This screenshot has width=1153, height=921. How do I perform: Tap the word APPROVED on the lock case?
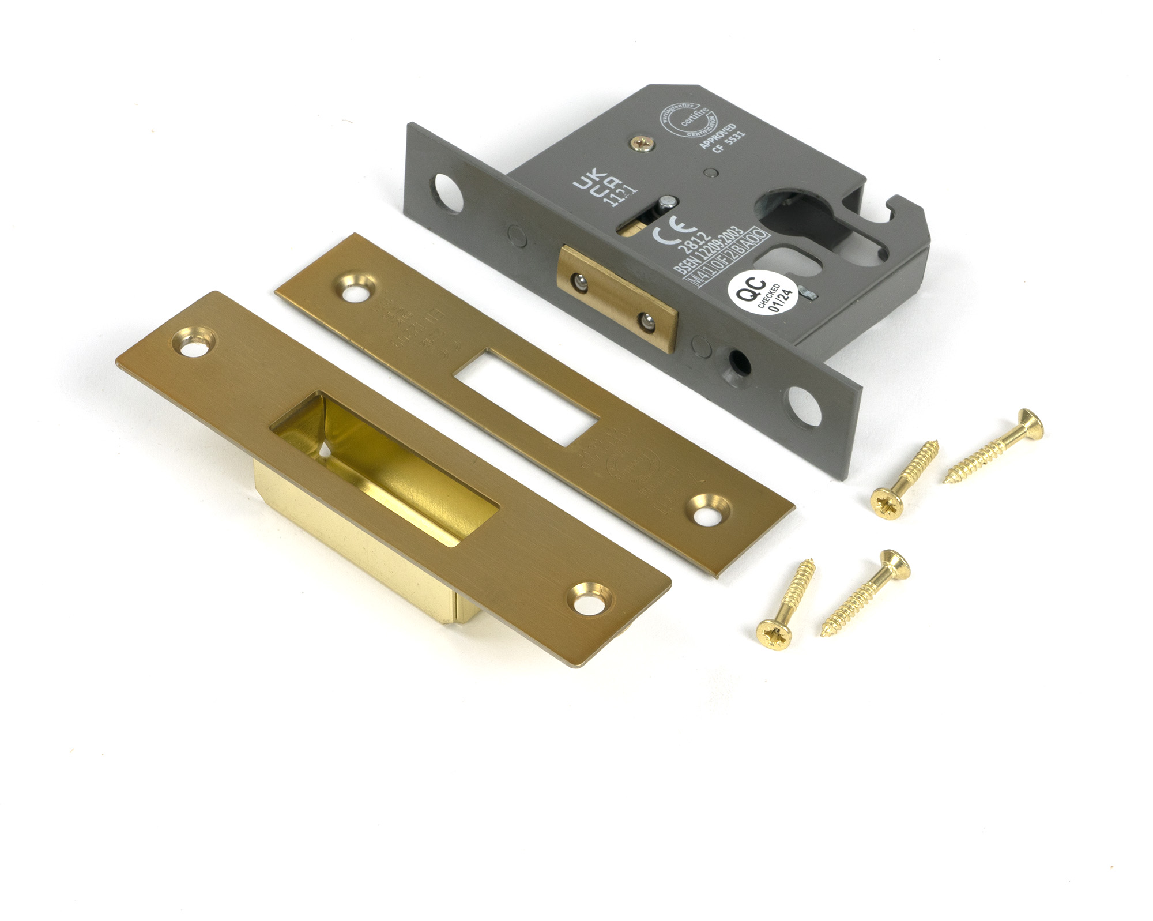click(718, 136)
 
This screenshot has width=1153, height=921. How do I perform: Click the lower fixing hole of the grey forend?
click(804, 405)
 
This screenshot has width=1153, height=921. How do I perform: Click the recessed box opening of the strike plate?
click(383, 465)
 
